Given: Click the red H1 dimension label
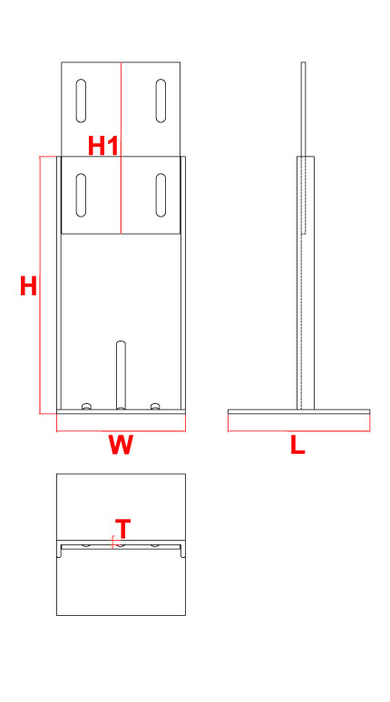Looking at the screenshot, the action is click(x=103, y=146).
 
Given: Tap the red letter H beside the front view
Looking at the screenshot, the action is click(x=28, y=286).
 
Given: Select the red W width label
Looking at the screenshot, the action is click(x=121, y=445).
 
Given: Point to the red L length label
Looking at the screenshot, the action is click(x=297, y=445).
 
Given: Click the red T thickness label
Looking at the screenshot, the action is click(x=122, y=528).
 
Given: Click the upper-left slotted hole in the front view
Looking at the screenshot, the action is click(x=81, y=101).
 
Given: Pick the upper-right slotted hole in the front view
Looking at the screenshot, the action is click(x=161, y=101).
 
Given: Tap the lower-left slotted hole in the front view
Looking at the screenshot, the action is click(x=81, y=195).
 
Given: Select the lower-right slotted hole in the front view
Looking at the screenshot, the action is click(x=161, y=195).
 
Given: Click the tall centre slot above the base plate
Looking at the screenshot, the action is click(x=121, y=375).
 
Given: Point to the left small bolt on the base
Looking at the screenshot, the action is click(x=87, y=406).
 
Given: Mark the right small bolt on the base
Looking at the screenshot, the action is click(x=155, y=406).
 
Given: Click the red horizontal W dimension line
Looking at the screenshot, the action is click(x=121, y=431).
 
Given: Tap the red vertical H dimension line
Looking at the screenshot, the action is click(x=40, y=284).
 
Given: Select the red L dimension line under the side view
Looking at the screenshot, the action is click(x=299, y=431).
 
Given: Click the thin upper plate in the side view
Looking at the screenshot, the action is click(x=304, y=148).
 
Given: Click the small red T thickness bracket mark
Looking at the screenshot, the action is click(x=113, y=543).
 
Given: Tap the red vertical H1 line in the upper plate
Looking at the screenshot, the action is click(x=121, y=148).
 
